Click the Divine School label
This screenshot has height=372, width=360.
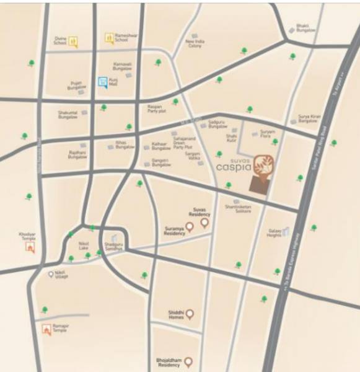59,40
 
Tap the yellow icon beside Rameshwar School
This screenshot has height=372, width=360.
108,38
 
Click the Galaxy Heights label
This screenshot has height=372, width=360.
274,233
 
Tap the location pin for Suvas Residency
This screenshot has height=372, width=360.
205,223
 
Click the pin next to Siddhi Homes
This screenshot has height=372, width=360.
190,314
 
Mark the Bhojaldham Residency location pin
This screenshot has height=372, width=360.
188,361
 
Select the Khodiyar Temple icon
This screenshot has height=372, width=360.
29,247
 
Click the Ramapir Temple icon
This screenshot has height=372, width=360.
46,329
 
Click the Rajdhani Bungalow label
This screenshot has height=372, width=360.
77,155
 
